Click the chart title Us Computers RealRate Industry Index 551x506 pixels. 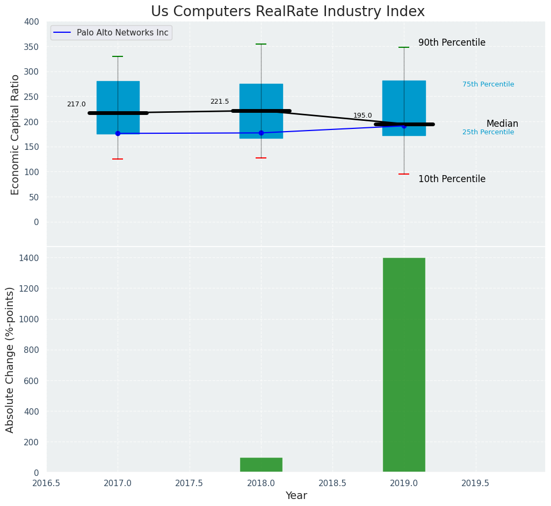point(287,12)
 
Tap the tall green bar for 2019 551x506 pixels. point(404,365)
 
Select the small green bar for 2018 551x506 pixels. point(261,465)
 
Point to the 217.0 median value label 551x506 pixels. point(76,104)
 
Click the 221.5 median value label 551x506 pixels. point(219,102)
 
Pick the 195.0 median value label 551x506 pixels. point(363,115)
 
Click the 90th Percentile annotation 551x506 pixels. point(452,42)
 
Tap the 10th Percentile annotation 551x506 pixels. point(452,179)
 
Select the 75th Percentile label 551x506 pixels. point(488,84)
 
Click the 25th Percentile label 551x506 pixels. point(488,132)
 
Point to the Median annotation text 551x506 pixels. point(502,124)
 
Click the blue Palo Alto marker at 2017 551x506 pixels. point(118,133)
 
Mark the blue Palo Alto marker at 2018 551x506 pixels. point(261,133)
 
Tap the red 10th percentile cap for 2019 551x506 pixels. point(404,174)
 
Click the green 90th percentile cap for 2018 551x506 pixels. point(261,44)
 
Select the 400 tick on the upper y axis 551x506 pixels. point(32,21)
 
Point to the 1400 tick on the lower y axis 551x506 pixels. point(29,258)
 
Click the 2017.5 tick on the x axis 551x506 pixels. point(189,483)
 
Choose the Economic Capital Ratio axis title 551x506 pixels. point(16,134)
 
